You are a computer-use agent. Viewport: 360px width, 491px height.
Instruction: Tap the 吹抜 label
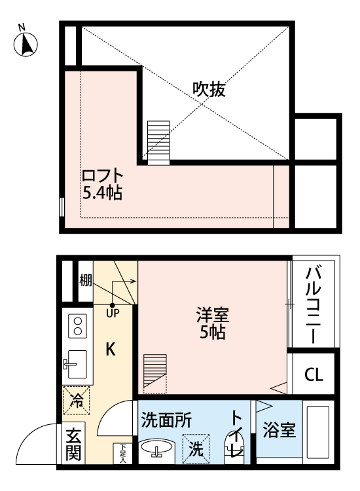tap(209, 90)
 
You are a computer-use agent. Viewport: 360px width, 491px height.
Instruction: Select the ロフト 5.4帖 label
tap(103, 184)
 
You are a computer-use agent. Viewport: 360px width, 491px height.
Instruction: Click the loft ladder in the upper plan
tap(158, 141)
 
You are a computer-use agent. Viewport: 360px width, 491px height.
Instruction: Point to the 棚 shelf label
tap(85, 281)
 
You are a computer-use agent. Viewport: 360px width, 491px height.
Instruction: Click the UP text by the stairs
tap(113, 313)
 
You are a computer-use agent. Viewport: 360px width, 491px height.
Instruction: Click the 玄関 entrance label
tap(73, 444)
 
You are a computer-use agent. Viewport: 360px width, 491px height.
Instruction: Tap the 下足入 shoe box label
tap(122, 452)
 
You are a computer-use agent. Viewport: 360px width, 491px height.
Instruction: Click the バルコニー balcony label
tap(313, 304)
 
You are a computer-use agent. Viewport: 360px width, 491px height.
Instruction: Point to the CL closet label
tap(313, 375)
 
